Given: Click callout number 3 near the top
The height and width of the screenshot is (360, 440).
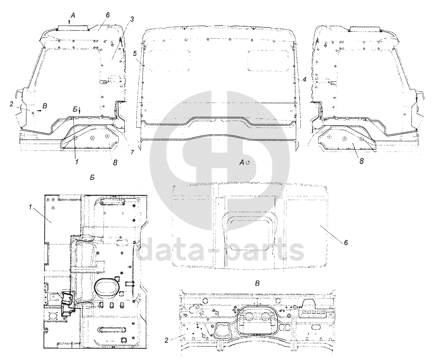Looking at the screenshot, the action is click(x=132, y=19).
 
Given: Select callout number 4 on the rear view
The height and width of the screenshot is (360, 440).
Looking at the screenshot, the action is click(x=304, y=79).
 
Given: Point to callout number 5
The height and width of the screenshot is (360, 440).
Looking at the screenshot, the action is click(x=135, y=54).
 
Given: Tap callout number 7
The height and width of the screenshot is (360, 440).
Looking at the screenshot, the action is click(x=132, y=152).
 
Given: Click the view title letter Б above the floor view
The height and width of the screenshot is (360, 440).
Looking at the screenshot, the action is click(x=92, y=178).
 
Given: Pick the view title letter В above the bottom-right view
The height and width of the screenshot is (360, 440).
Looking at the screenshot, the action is click(x=257, y=283).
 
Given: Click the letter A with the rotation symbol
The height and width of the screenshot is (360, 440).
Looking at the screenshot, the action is click(x=244, y=163).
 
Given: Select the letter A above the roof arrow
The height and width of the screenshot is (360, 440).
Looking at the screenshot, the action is click(x=73, y=15).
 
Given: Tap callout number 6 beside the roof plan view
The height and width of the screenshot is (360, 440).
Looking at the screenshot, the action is click(x=346, y=243).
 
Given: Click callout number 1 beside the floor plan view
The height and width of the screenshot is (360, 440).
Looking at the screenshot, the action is click(x=31, y=207).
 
